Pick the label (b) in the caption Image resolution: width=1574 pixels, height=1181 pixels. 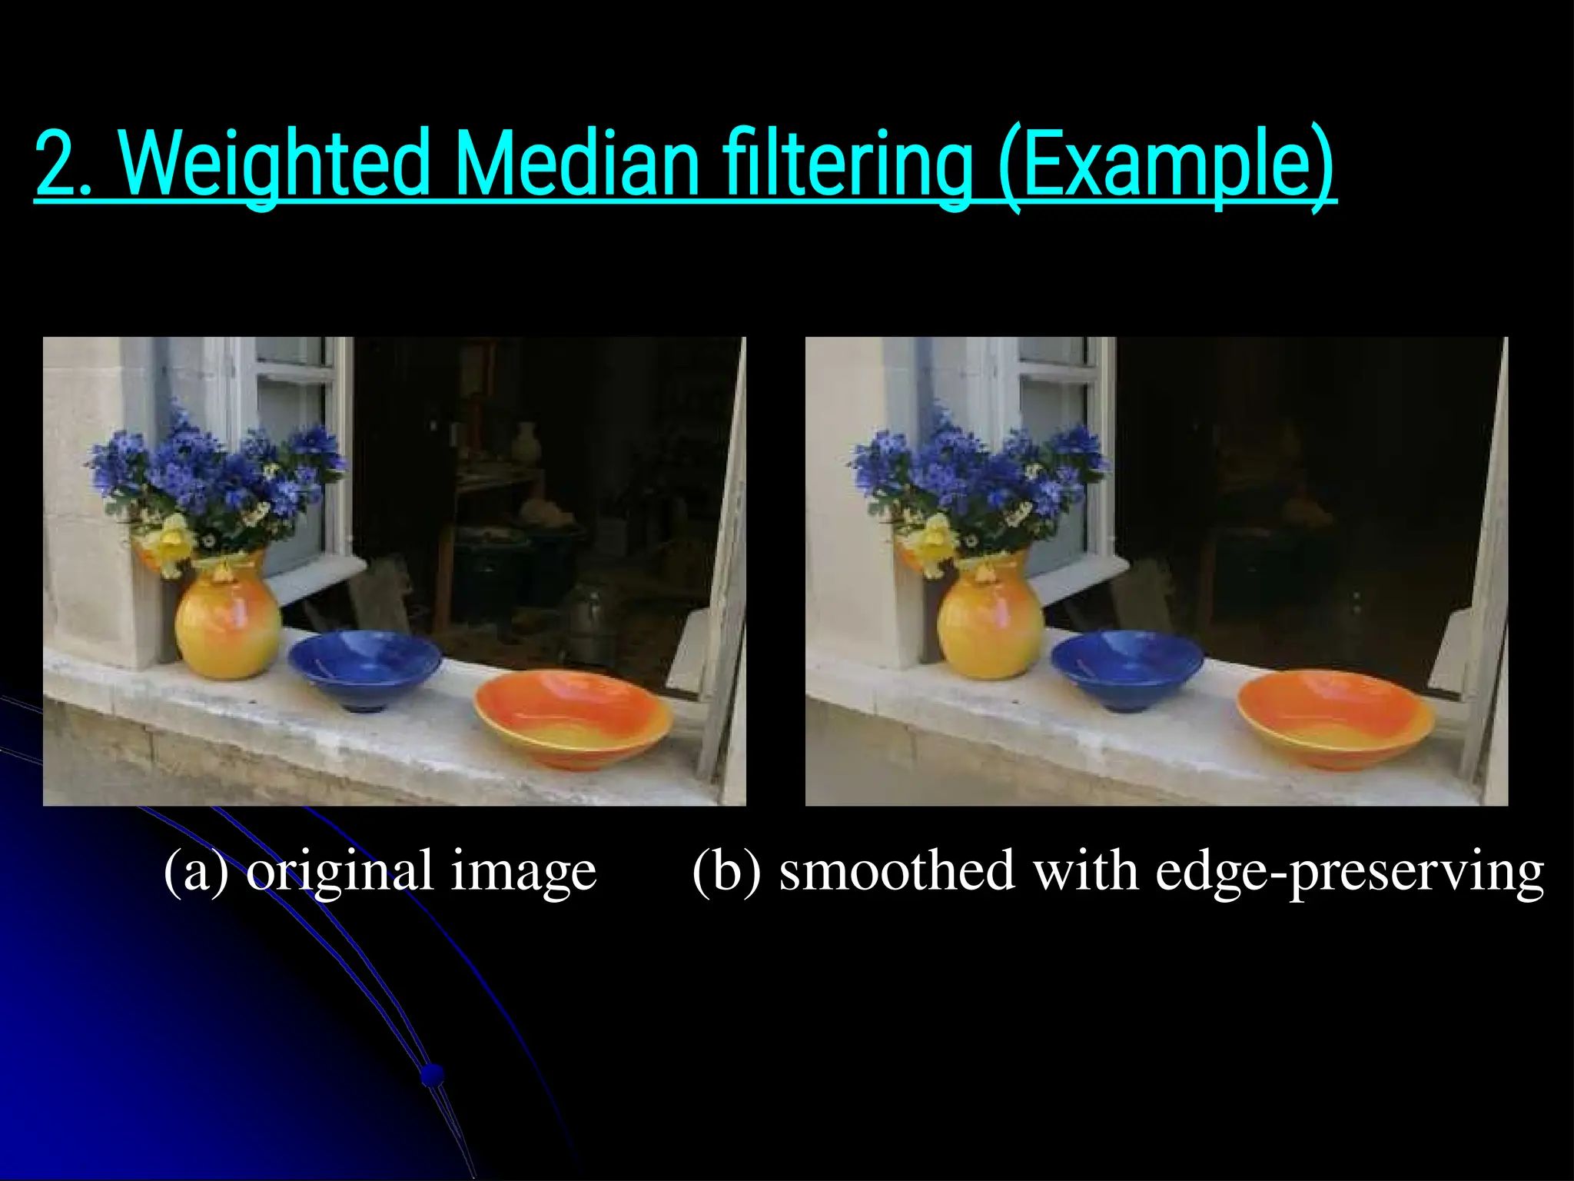[x=726, y=871]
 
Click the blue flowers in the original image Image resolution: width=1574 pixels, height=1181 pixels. [x=215, y=469]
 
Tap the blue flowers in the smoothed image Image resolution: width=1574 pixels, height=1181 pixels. [x=978, y=469]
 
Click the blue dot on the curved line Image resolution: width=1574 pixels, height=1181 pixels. [x=433, y=1074]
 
